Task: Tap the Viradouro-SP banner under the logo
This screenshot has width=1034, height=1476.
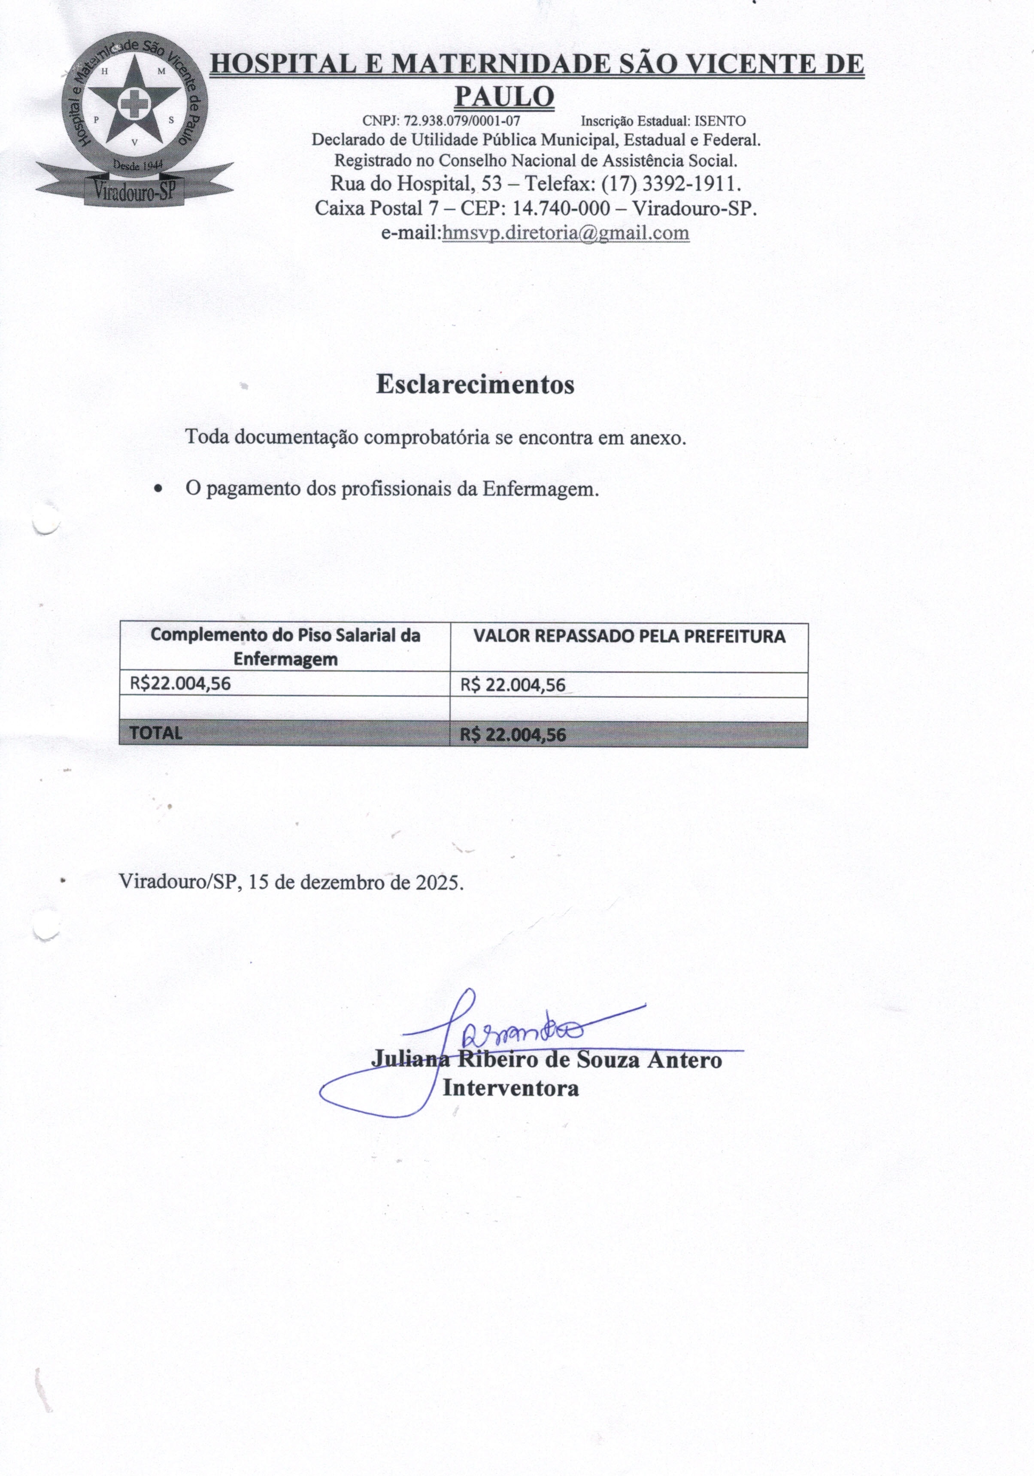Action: pos(133,190)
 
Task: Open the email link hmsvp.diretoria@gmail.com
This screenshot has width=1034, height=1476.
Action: pos(566,233)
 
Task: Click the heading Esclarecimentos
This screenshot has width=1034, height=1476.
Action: pos(475,384)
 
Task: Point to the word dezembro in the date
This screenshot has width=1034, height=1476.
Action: pos(336,882)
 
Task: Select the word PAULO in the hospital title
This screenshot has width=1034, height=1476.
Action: pos(504,97)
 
